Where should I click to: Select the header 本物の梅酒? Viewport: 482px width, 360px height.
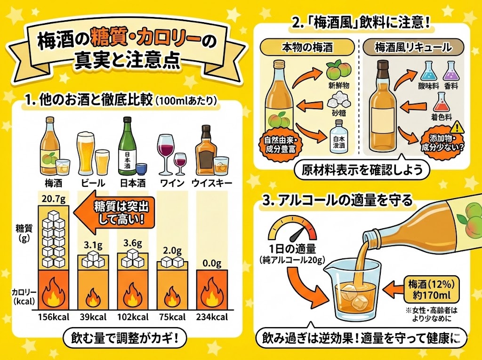pyautogui.click(x=308, y=48)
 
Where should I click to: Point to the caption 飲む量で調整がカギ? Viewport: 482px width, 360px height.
pyautogui.click(x=123, y=337)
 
